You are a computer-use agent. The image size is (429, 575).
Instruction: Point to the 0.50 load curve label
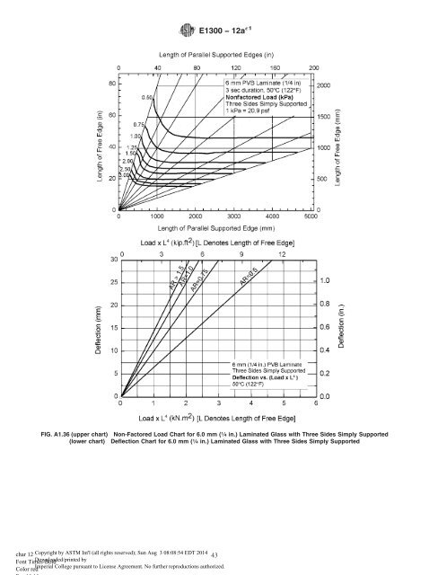pos(147,96)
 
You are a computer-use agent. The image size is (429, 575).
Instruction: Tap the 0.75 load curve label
pos(140,125)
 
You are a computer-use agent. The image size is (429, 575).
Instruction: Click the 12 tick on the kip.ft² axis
pos(282,254)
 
